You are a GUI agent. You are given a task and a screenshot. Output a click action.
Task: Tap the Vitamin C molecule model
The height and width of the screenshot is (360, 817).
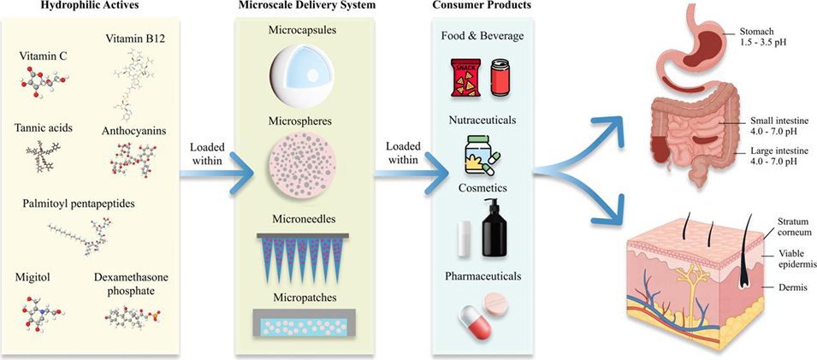pyautogui.click(x=48, y=87)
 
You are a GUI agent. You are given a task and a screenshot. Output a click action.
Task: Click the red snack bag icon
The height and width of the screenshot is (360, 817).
pyautogui.click(x=464, y=78)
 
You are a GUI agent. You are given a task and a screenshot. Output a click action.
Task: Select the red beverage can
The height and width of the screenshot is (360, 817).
pyautogui.click(x=502, y=78)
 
